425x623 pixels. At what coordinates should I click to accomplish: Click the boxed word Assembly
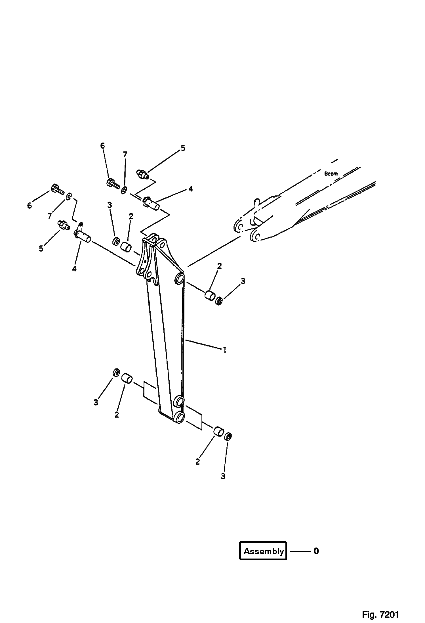(x=264, y=551)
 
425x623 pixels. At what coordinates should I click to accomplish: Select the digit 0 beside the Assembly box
(x=316, y=551)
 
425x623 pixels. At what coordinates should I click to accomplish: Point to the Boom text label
(x=331, y=174)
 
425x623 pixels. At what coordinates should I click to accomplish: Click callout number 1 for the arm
(x=225, y=350)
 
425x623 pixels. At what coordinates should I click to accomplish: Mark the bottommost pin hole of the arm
(x=179, y=417)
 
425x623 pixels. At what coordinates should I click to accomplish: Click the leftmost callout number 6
(x=30, y=206)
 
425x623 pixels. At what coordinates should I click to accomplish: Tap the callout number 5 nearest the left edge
(x=41, y=248)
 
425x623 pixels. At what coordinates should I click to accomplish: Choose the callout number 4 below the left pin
(x=74, y=269)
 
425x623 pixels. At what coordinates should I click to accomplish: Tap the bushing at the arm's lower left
(x=127, y=379)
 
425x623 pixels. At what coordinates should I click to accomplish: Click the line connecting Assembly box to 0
(x=300, y=551)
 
